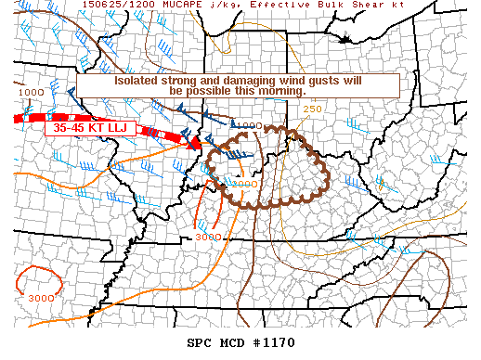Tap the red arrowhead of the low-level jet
(x=195, y=144)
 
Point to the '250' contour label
(x=312, y=109)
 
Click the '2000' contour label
(x=245, y=184)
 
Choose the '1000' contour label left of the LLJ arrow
(x=30, y=93)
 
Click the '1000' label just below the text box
(x=248, y=125)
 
